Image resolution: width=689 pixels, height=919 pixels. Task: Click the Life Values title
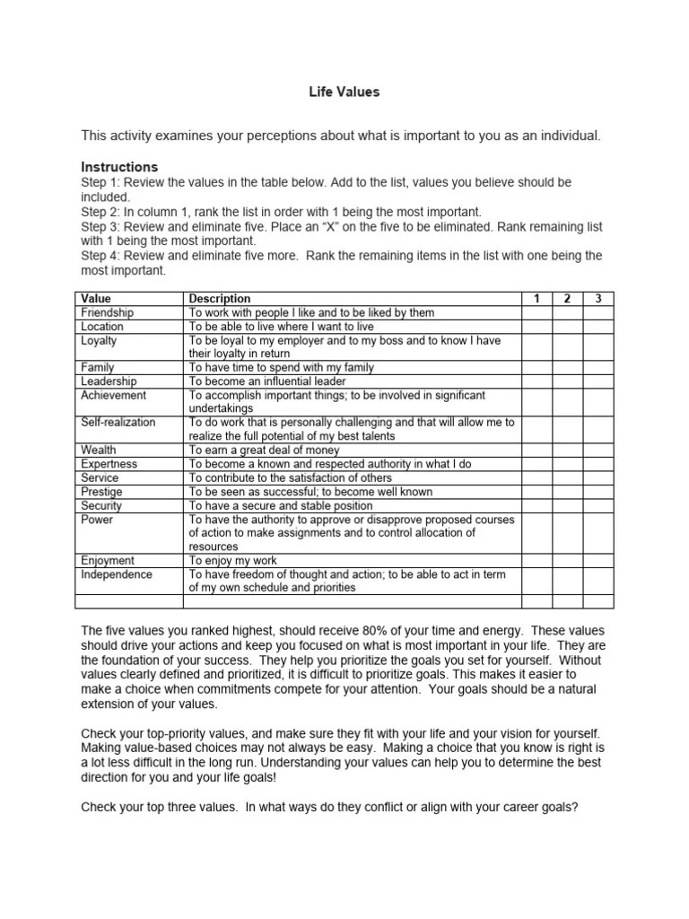344,92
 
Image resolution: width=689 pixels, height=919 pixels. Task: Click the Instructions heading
119,167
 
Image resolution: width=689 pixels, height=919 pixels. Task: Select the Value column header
96,298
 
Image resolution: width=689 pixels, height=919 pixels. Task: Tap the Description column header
220,298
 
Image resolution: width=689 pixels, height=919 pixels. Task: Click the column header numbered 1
536,298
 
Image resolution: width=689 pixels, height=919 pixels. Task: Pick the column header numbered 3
598,298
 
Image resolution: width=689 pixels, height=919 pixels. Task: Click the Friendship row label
107,312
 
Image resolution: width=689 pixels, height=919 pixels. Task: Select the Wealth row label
98,450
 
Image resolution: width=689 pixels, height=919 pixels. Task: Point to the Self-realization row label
118,422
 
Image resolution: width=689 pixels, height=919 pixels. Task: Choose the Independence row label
117,574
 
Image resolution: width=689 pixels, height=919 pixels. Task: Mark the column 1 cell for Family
536,367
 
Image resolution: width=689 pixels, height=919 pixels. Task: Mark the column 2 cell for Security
567,505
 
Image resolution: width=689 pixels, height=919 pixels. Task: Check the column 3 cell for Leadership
598,381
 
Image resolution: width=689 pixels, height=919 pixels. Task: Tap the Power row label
97,519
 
